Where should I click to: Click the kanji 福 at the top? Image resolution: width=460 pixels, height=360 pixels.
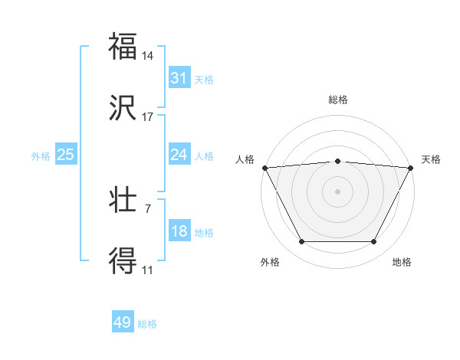[123, 46]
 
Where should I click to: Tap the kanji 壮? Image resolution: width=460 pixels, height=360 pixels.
[123, 201]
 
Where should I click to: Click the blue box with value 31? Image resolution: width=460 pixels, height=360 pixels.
[179, 78]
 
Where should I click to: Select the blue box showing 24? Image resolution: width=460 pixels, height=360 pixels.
[179, 155]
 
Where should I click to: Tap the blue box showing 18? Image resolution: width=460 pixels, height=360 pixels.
[179, 231]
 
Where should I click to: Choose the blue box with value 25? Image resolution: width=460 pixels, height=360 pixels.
[65, 155]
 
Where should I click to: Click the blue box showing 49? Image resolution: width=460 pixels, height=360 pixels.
[123, 322]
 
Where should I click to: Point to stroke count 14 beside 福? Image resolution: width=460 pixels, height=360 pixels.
[148, 56]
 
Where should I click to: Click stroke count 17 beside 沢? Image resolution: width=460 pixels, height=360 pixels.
[148, 117]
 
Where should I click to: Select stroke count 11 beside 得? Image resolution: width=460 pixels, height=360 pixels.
[148, 270]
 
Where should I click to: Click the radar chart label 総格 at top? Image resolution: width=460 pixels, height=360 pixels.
[338, 100]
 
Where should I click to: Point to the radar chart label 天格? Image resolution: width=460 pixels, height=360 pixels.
[431, 159]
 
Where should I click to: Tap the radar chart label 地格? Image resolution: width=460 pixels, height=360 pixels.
[402, 262]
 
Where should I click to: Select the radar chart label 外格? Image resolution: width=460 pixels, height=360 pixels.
[270, 262]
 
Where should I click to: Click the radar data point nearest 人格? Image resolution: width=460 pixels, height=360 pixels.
[264, 167]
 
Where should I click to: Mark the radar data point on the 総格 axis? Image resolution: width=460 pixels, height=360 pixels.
[338, 161]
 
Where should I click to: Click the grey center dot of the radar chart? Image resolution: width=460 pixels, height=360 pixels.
[338, 191]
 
